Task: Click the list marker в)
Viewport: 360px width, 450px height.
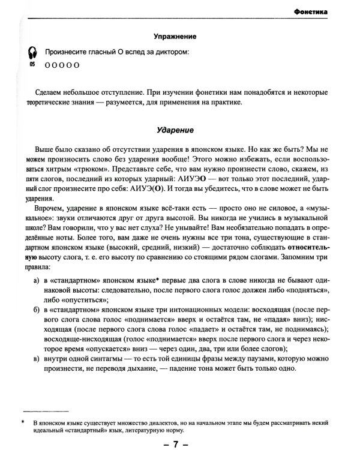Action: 37,359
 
